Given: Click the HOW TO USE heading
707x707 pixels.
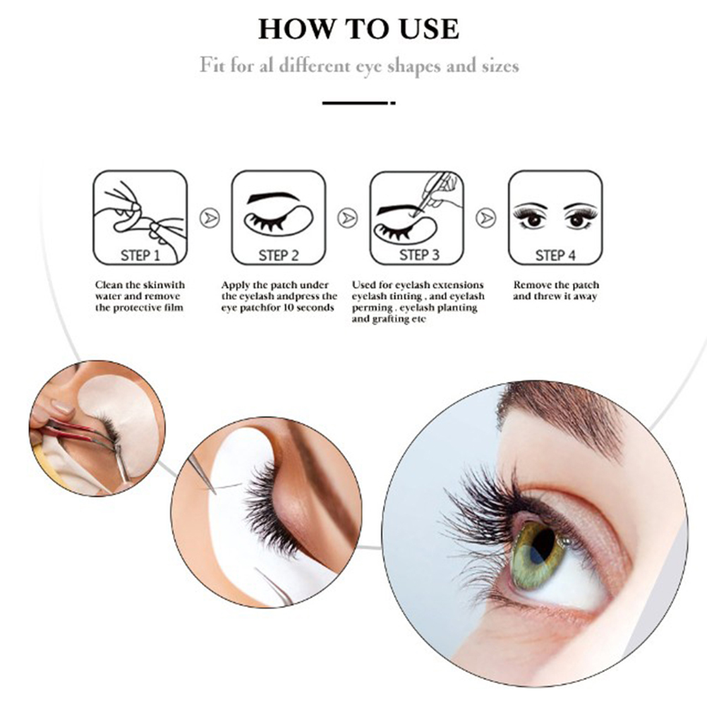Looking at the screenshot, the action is point(359,29).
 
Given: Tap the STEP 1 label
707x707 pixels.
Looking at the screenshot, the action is point(140,255).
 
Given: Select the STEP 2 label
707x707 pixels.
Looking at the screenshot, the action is point(279,255).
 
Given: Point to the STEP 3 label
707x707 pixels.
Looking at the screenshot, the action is point(419,255).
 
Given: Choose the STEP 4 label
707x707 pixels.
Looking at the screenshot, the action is point(555,255).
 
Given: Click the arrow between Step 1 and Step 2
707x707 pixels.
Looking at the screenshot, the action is point(210,218).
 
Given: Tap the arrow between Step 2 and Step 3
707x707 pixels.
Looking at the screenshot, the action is point(348,218).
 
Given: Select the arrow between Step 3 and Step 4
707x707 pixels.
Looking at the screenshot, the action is point(486,218).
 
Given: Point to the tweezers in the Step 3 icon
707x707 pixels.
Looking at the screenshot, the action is point(430,192).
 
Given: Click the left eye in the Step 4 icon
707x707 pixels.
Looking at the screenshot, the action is point(533,216).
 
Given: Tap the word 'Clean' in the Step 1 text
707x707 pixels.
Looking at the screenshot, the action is point(109,285).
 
